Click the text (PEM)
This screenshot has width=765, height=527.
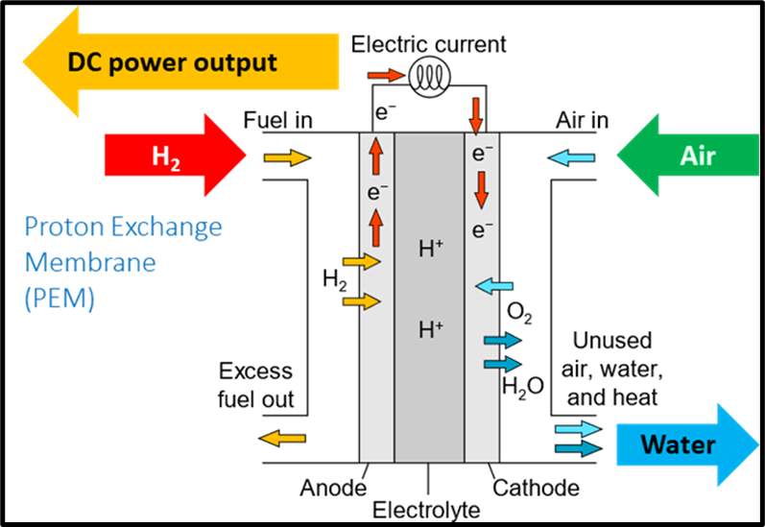(x=60, y=299)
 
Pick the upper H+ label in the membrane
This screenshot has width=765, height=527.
(x=430, y=250)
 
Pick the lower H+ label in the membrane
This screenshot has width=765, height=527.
(x=430, y=330)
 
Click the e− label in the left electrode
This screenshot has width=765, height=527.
(x=376, y=192)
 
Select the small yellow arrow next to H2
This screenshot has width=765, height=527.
(x=286, y=157)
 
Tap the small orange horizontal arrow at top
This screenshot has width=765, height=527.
(x=386, y=75)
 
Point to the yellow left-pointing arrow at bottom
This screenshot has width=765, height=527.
(x=283, y=439)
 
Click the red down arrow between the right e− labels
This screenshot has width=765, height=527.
(x=481, y=191)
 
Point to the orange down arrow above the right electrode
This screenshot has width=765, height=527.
(x=476, y=116)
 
